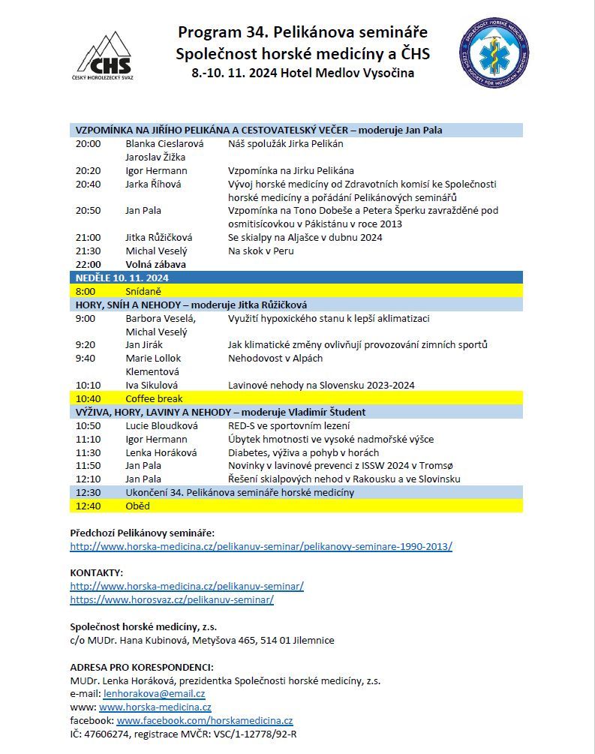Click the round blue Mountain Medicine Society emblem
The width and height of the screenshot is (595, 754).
[493, 53]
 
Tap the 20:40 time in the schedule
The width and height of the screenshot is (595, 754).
[88, 184]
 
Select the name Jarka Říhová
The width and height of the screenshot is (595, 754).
[152, 184]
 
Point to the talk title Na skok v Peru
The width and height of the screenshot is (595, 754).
[260, 251]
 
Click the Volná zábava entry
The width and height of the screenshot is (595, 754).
[155, 264]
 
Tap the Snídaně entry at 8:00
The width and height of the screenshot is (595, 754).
[143, 291]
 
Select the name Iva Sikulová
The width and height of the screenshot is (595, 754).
[152, 385]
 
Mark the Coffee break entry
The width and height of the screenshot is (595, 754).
[154, 398]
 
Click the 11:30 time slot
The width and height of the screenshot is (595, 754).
[88, 452]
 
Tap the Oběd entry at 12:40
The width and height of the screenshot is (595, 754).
[137, 506]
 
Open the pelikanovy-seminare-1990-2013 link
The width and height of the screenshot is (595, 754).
[260, 546]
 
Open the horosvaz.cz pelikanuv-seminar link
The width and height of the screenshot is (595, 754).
[172, 599]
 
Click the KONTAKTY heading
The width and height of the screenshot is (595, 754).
[96, 572]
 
